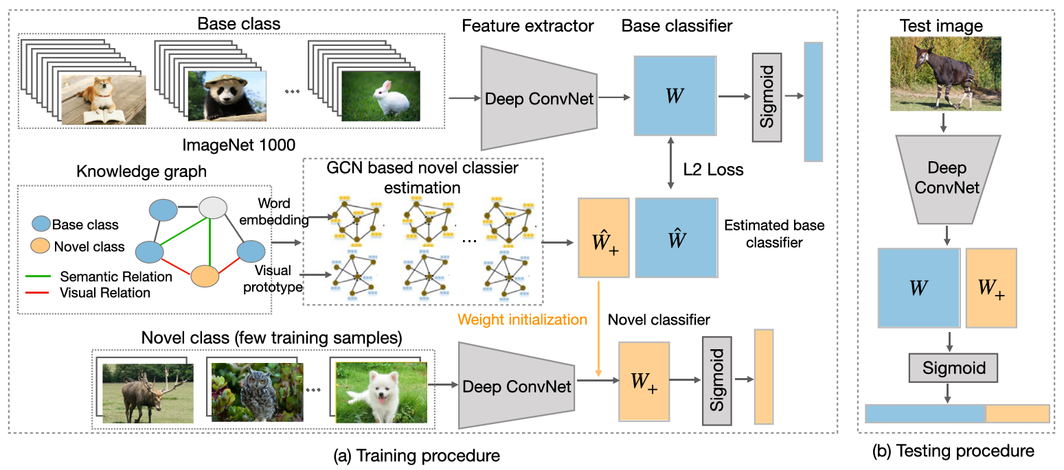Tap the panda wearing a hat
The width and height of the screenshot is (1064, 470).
pos(226,97)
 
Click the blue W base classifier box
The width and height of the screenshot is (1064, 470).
pos(675,95)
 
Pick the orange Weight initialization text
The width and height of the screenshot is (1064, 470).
pos(523,319)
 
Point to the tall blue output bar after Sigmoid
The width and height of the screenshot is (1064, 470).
pos(813,102)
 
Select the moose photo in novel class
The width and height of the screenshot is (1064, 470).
pos(148,392)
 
